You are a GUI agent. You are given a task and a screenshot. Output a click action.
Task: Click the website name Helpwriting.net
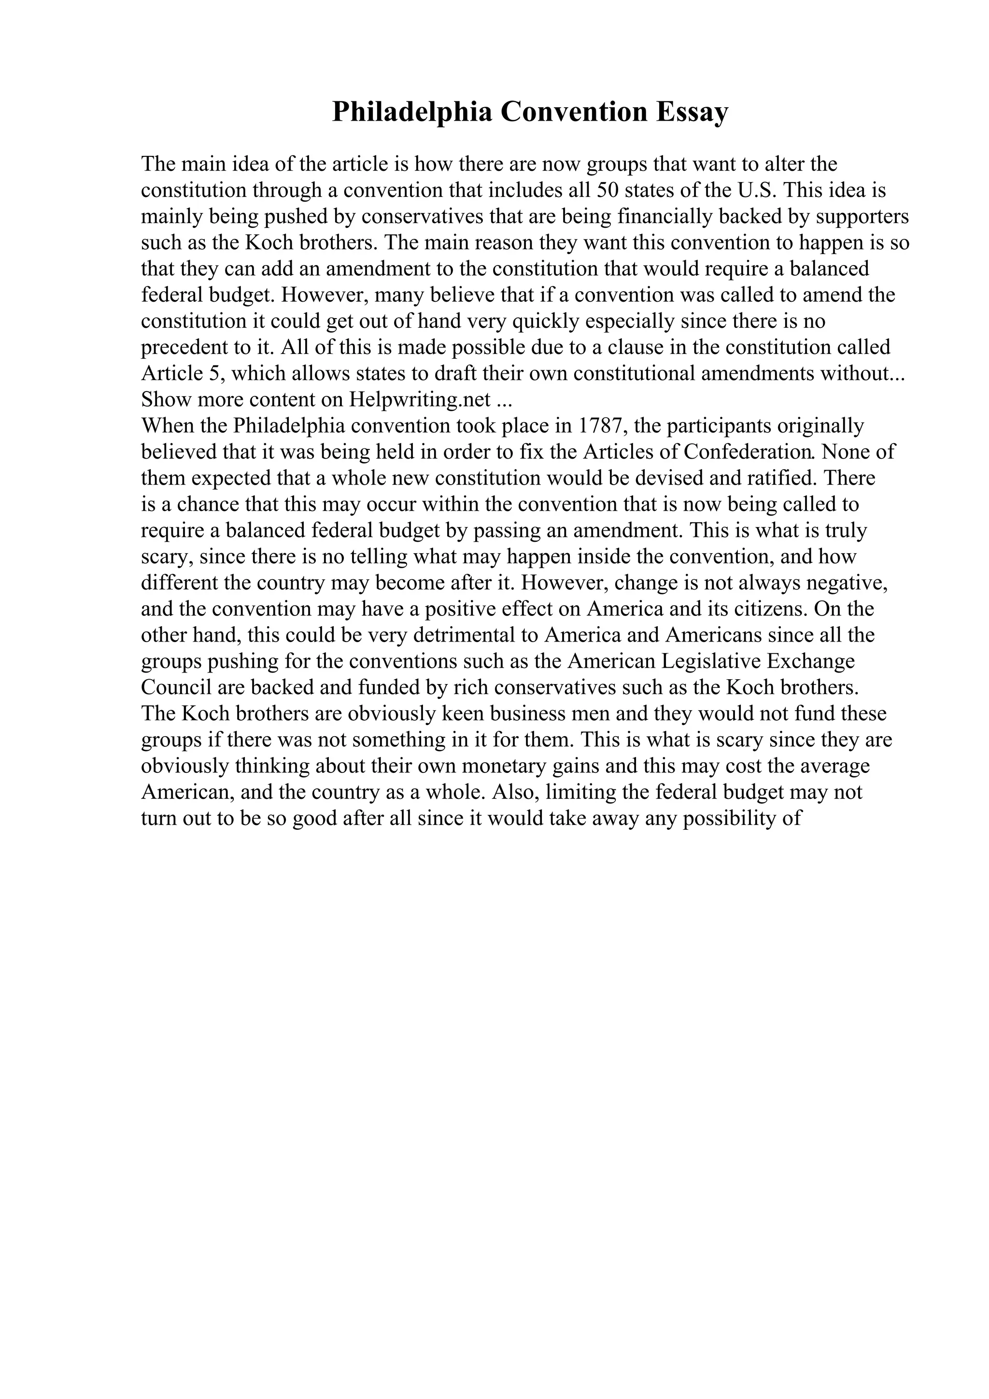pos(420,400)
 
